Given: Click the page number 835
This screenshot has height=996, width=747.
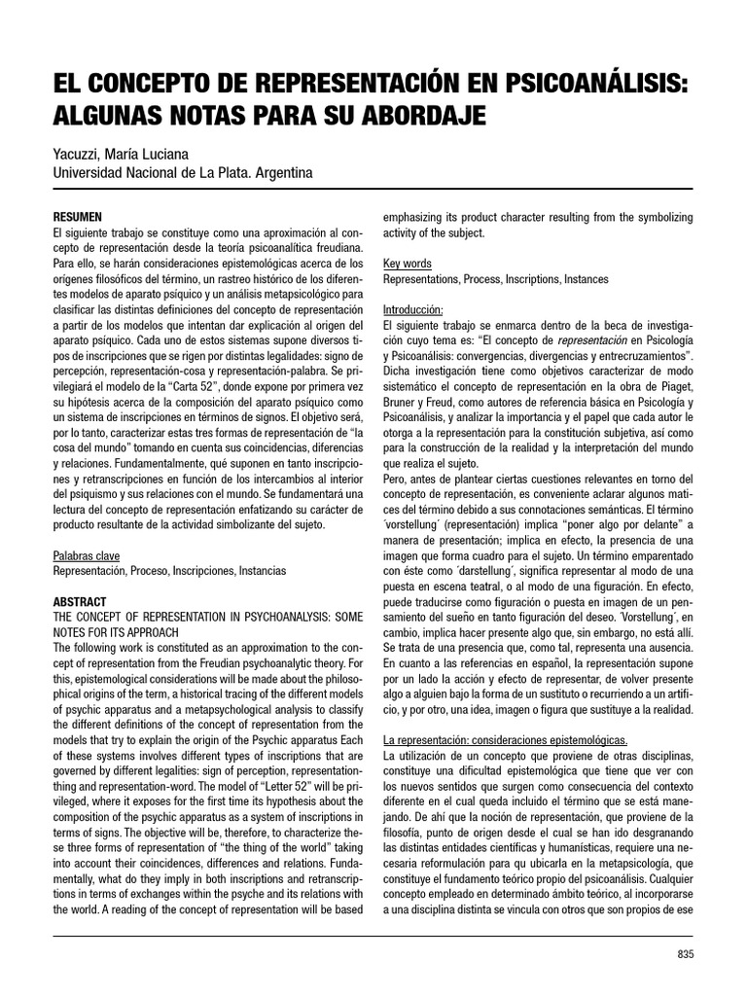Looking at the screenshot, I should [x=686, y=954].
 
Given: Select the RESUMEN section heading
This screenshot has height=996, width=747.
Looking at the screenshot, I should [x=78, y=216].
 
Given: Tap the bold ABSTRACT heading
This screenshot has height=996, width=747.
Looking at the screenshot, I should [x=80, y=602].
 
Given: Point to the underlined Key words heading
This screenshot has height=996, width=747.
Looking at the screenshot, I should [x=408, y=264].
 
